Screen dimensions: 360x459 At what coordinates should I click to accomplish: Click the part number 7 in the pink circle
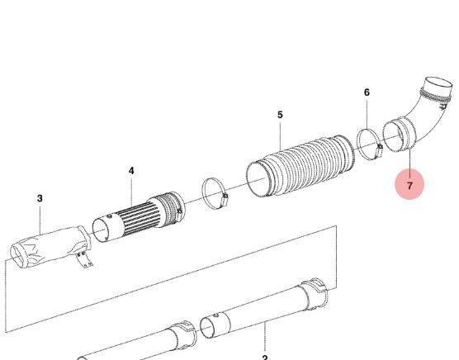pos(409,186)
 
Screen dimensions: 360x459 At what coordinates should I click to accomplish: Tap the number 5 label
pos(280,115)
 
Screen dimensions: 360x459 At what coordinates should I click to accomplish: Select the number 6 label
pos(367,93)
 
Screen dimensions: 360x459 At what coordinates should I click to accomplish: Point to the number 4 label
pos(130,170)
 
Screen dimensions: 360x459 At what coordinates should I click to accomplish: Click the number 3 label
pos(40,198)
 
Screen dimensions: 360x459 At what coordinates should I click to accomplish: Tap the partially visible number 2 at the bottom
pos(265,357)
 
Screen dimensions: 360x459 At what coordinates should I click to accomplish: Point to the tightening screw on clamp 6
pos(378,149)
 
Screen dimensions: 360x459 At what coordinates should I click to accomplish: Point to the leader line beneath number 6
pos(367,114)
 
